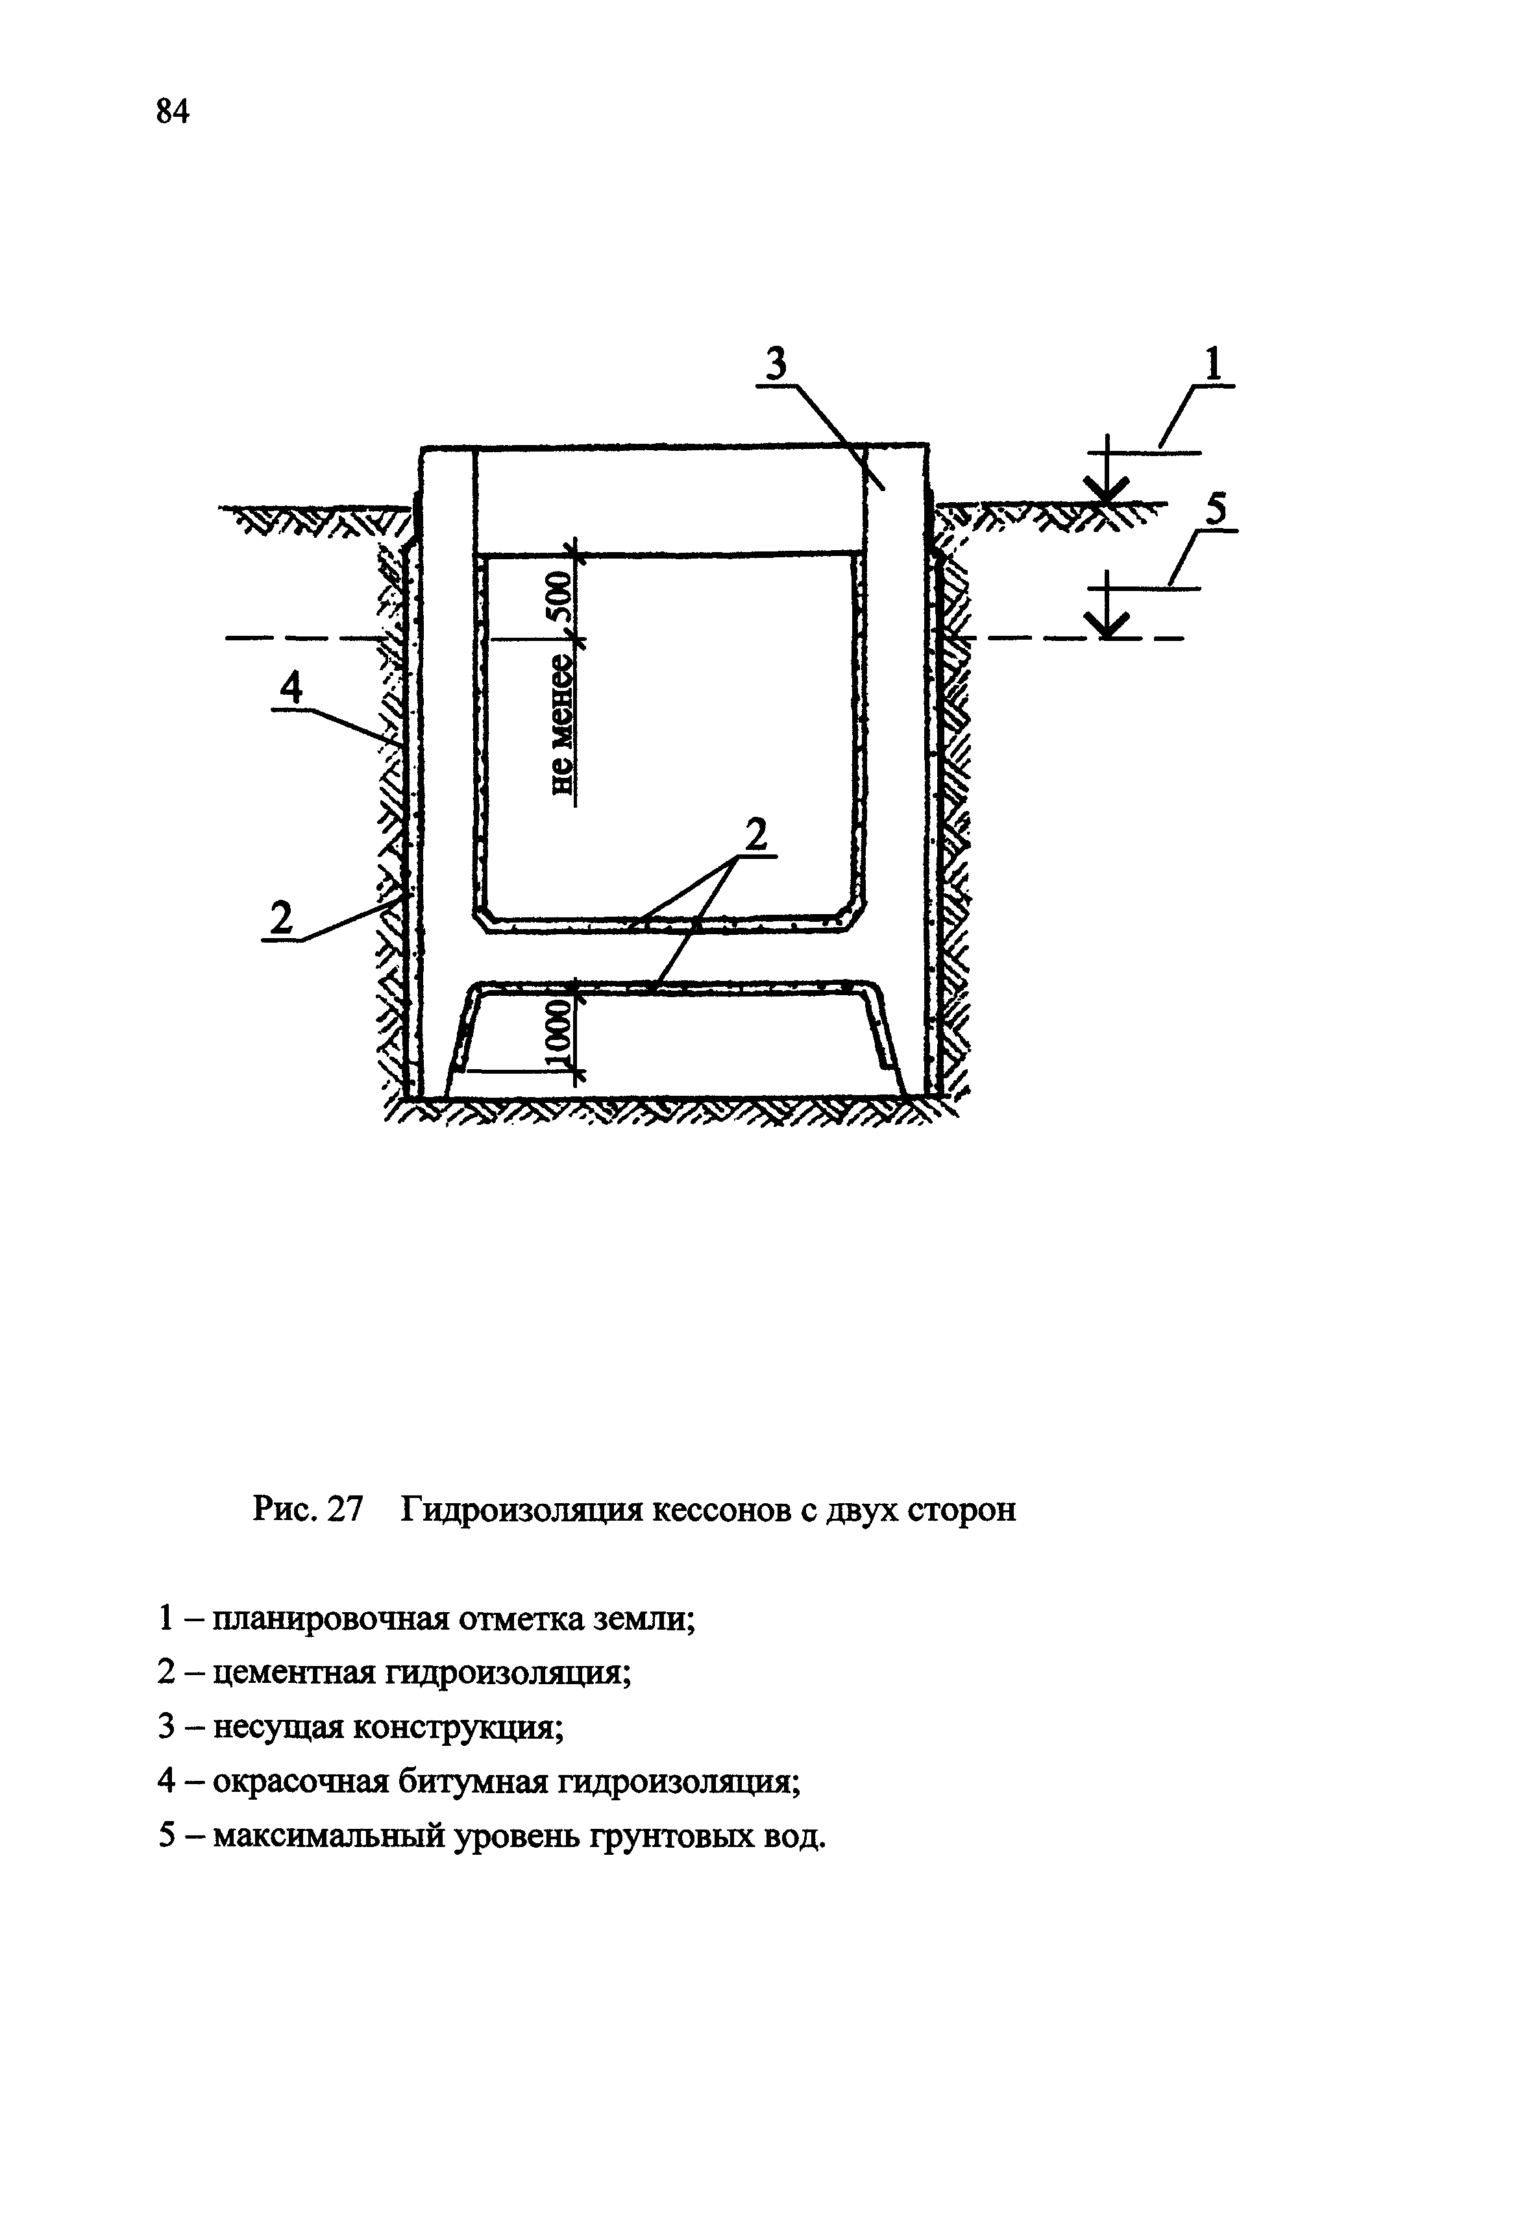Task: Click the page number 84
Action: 172,112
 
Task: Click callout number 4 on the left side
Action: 291,688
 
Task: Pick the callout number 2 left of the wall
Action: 280,919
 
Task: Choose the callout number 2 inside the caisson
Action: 757,834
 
